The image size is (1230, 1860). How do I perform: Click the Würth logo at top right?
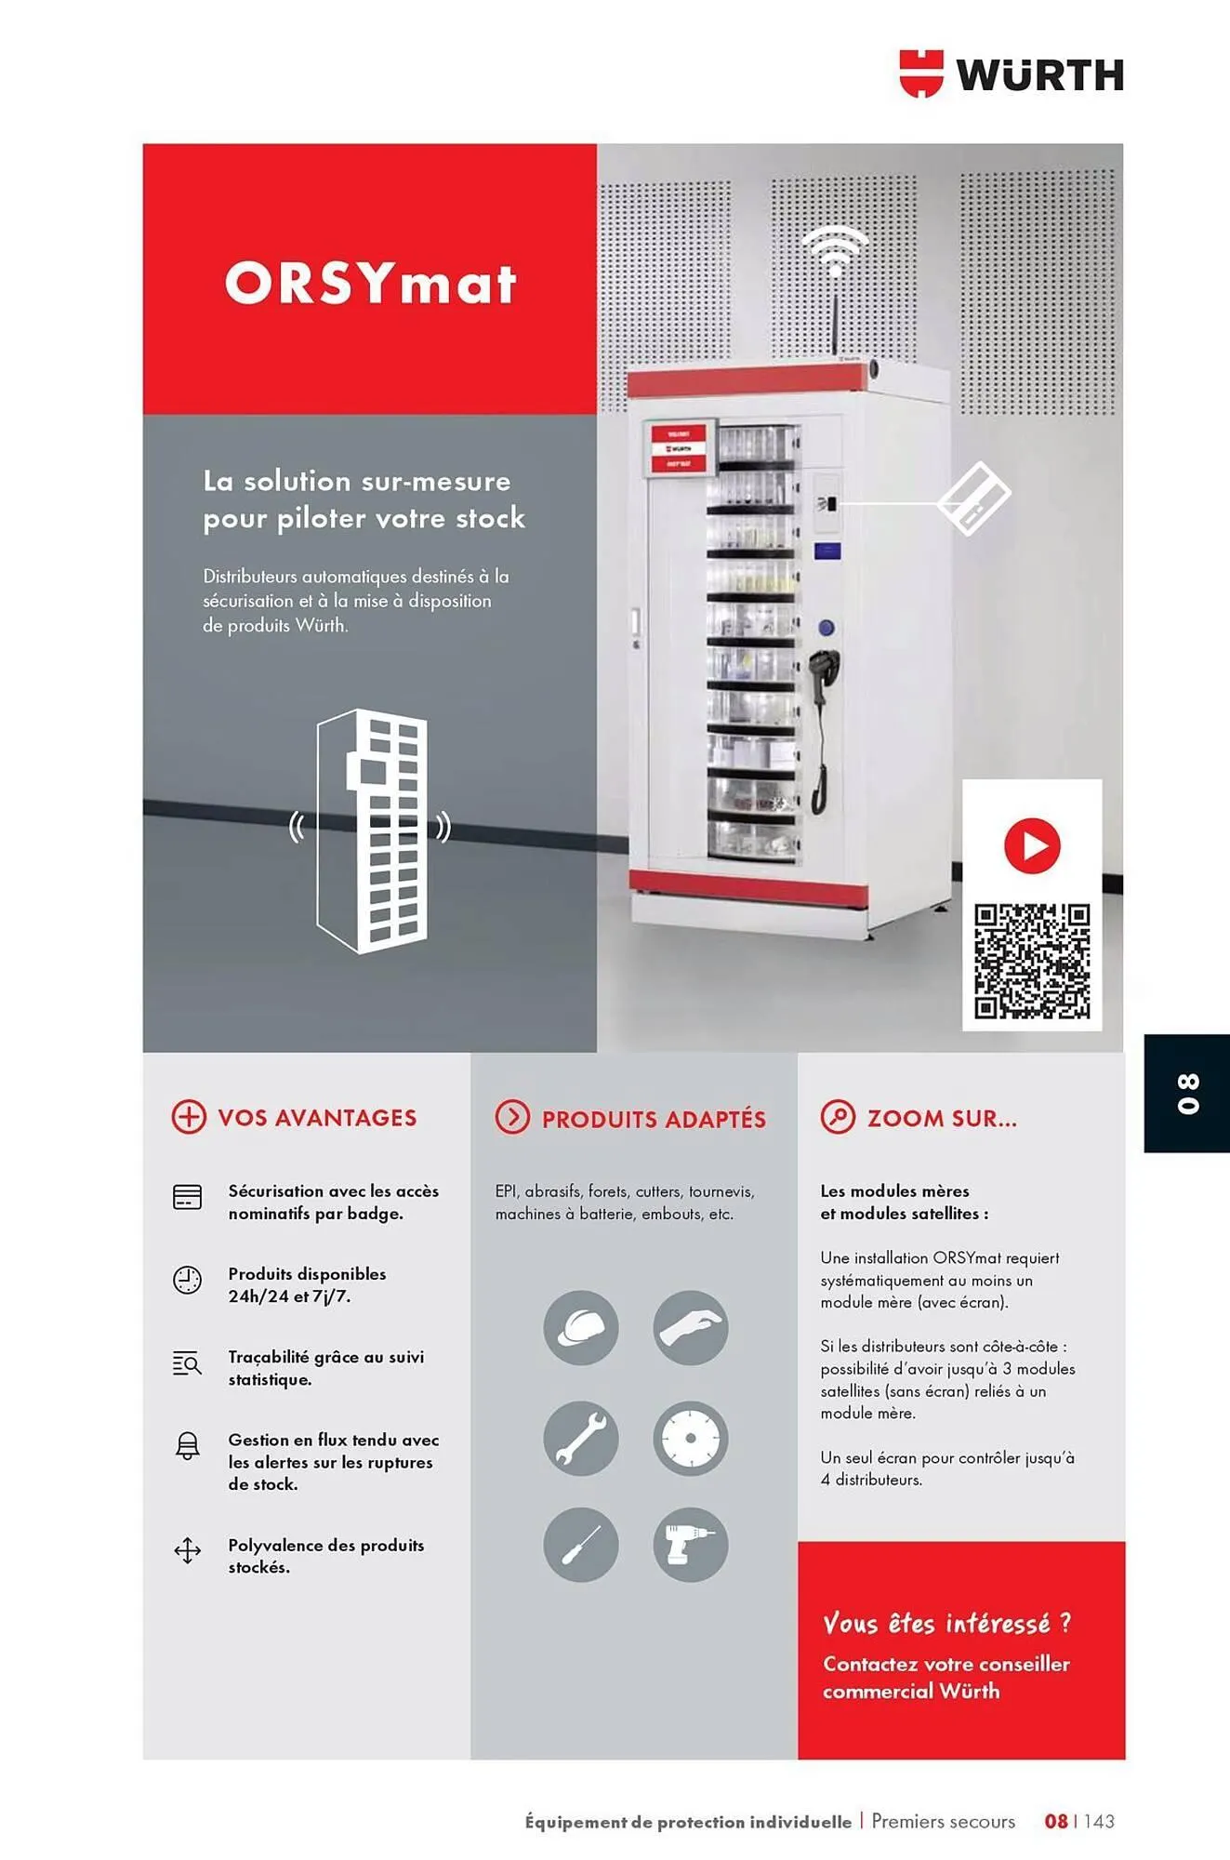tap(1012, 73)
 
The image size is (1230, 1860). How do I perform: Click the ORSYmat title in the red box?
tap(370, 283)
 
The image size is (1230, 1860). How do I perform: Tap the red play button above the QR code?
tap(1032, 845)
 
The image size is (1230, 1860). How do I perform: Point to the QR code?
tap(1032, 961)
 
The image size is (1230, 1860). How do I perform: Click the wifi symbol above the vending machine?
tap(835, 250)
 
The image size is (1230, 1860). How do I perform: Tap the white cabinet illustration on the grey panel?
tap(372, 830)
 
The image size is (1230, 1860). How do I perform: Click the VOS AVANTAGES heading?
tap(316, 1117)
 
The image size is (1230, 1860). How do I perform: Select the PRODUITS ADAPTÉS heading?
tap(653, 1119)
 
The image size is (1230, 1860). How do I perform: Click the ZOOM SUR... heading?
tap(941, 1118)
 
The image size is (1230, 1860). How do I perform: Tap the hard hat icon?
tap(581, 1328)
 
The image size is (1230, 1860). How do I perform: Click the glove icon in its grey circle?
tap(690, 1328)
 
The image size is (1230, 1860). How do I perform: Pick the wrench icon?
tap(581, 1438)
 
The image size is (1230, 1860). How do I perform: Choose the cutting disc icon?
tap(690, 1438)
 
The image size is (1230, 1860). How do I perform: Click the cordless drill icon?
tap(690, 1545)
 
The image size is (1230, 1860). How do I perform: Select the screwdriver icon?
tap(581, 1545)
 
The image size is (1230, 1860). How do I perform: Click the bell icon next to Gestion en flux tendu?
tap(188, 1446)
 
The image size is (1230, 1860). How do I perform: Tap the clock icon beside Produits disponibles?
tap(188, 1280)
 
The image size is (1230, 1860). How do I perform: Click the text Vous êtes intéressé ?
tap(946, 1624)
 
